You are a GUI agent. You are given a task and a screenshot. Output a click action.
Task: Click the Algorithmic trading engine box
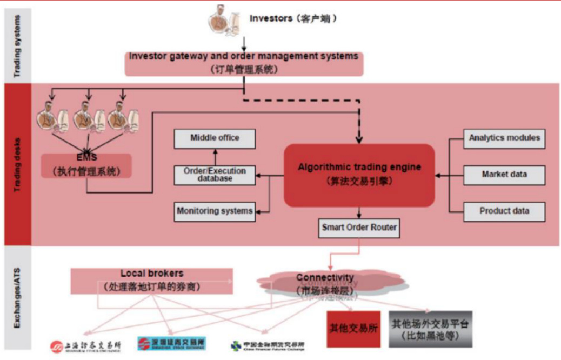pos(359,175)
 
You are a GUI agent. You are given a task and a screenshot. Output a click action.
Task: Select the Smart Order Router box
pos(359,228)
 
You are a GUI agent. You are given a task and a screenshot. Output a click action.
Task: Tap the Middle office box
pos(215,138)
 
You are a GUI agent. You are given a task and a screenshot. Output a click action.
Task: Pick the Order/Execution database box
pos(215,175)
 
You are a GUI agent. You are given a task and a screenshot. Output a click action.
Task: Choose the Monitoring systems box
pos(215,211)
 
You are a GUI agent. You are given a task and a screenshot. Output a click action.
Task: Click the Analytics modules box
pos(504,138)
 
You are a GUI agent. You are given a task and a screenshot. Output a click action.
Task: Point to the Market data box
pos(504,175)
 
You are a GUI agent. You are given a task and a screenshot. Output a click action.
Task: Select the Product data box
pos(504,211)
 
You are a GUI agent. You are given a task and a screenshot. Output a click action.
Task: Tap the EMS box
pos(86,165)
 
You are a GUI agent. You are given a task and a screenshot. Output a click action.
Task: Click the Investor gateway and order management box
pos(243,63)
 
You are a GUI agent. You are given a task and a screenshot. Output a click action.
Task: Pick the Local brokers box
pos(151,281)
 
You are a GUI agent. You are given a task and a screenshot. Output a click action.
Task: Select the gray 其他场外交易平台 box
pos(430,329)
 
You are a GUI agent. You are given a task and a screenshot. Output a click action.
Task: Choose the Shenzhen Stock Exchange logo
pos(171,344)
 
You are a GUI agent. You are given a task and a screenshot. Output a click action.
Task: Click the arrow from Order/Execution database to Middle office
pos(215,157)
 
